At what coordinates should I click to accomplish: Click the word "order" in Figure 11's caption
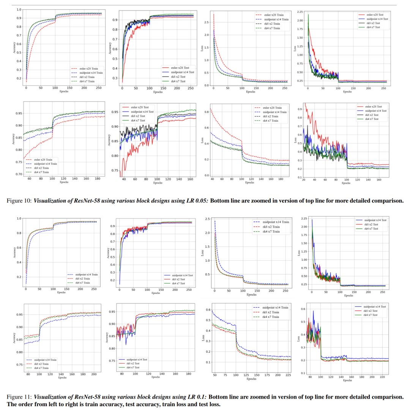[x=25, y=404]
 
